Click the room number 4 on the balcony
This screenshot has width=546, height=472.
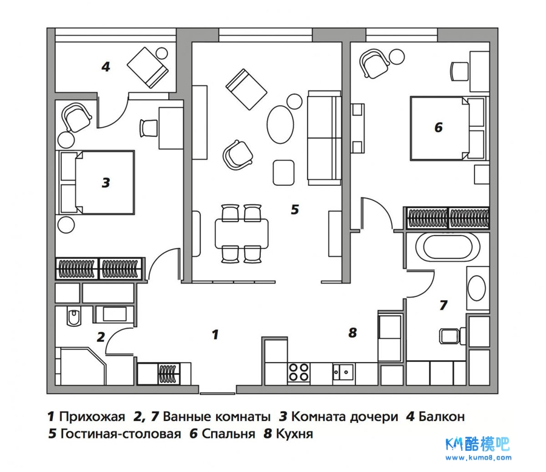[x=106, y=67]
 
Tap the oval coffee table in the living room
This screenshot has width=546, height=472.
[x=280, y=124]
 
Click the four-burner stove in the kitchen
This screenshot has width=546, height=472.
[x=299, y=371]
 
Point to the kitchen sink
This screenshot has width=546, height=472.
[x=343, y=371]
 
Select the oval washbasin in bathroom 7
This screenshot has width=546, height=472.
[x=477, y=289]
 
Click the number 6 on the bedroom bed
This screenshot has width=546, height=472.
[x=439, y=127]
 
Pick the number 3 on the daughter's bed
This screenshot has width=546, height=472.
[x=106, y=182]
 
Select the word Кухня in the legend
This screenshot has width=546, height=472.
[x=294, y=434]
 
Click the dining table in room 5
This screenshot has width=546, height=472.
[x=241, y=233]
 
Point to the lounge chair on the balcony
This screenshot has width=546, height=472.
[x=149, y=67]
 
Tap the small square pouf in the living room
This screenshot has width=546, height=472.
[x=283, y=172]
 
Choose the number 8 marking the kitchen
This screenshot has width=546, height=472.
[x=352, y=332]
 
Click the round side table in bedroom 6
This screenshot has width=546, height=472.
[x=397, y=58]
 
